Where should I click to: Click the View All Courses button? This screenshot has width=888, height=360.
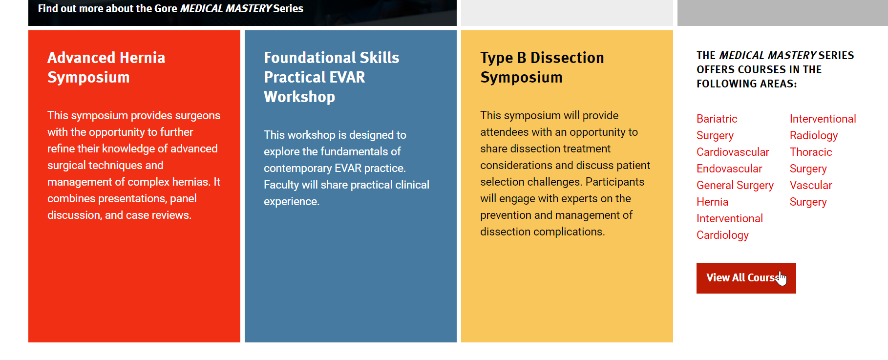coord(746,278)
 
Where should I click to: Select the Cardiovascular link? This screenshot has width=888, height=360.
coord(733,152)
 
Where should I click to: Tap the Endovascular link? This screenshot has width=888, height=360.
coord(729,169)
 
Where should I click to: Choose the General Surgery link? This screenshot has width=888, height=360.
coord(735,186)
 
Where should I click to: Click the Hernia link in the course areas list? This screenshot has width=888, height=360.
coord(712,202)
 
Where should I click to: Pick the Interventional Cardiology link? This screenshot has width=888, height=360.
coord(730,227)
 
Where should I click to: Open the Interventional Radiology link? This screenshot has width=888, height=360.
coord(823,127)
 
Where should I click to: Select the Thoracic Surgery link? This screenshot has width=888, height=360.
coord(811,160)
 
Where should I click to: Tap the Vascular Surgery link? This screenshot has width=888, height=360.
coord(811,193)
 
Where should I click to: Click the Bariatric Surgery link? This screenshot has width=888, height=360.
coord(717,127)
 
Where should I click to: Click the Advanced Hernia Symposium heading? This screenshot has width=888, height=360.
coord(106,67)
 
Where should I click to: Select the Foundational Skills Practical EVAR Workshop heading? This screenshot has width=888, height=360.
coord(332,77)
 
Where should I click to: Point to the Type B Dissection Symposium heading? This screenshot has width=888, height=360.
coord(542,67)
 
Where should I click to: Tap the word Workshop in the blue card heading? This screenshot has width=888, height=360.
coord(299,97)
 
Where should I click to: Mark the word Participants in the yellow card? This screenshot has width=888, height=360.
coord(615,182)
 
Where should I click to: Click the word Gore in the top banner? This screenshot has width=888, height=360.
coord(166,8)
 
